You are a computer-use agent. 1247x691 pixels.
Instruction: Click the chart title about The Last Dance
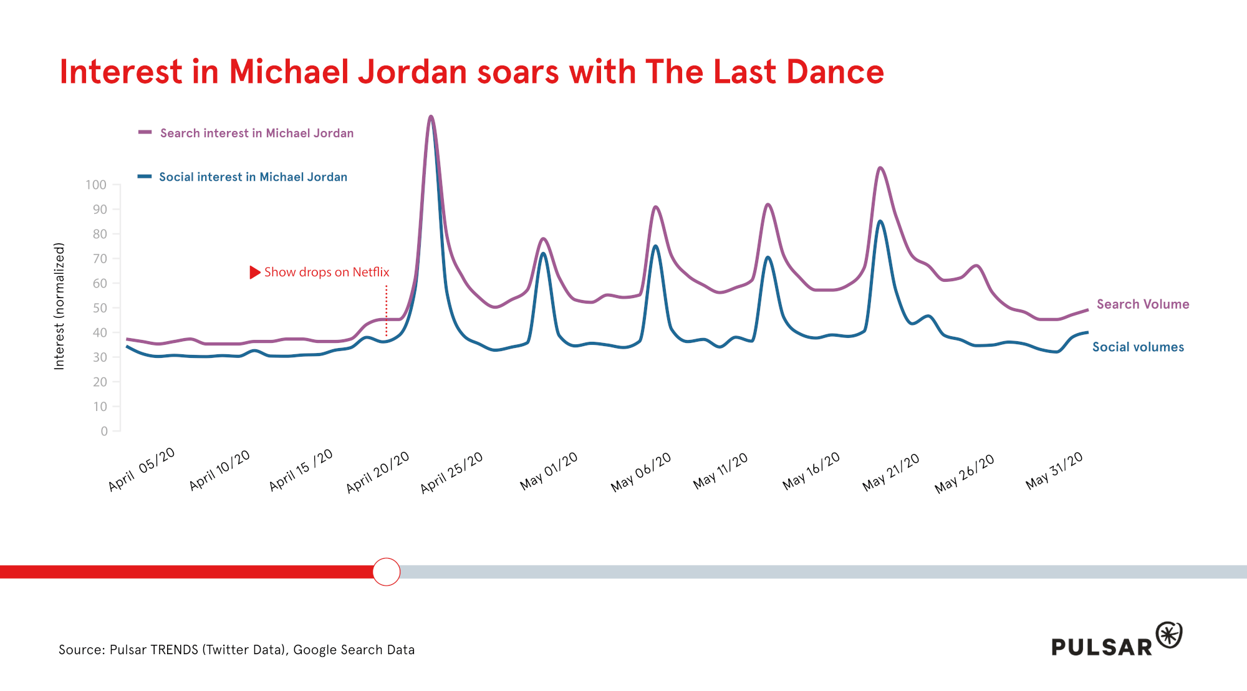pos(471,72)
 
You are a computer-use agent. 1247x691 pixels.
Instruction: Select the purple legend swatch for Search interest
pos(145,133)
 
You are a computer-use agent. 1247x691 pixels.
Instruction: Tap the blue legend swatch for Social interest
pos(145,177)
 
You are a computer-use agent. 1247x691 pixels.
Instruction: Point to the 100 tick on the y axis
pos(96,185)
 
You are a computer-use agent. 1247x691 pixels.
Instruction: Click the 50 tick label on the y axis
pos(100,308)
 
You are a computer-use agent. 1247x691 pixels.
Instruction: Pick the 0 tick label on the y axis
pos(104,431)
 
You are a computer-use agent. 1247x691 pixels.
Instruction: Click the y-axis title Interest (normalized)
pos(59,306)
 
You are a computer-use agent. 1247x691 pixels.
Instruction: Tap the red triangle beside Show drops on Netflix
pos(254,273)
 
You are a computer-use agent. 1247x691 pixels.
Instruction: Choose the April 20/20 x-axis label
pos(378,471)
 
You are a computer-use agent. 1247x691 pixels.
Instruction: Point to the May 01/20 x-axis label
pos(549,471)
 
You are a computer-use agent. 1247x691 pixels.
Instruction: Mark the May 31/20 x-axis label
pos(1054,470)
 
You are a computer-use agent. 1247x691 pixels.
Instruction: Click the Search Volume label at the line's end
pos(1143,304)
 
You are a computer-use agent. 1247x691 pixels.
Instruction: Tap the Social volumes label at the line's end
pos(1138,347)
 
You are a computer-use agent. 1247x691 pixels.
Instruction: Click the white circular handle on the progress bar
pos(387,572)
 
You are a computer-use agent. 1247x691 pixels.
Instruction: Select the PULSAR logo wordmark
pos(1102,647)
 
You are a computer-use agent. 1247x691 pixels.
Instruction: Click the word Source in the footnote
pos(81,650)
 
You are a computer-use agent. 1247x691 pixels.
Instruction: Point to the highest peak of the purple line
pos(431,117)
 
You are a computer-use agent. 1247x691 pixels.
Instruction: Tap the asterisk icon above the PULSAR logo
pos(1169,635)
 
